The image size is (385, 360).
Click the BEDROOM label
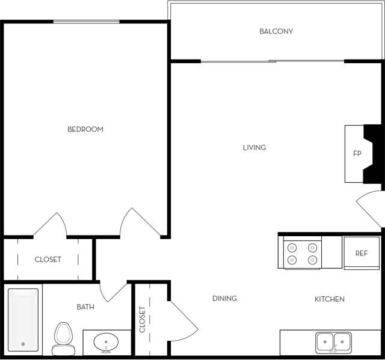85,129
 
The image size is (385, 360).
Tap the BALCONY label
276,31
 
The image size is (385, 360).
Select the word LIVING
254,147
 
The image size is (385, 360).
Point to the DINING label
224,298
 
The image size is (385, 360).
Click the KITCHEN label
330,299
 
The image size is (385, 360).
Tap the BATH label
85,307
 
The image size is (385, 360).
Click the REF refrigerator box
361,253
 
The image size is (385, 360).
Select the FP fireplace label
357,153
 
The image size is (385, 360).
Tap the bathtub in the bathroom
23,320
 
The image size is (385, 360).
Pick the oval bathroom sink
106,343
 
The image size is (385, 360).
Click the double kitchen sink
333,342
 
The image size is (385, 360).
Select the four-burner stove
302,253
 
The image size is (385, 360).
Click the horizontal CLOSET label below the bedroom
48,260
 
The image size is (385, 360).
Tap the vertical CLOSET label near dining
143,320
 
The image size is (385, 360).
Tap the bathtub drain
23,344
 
